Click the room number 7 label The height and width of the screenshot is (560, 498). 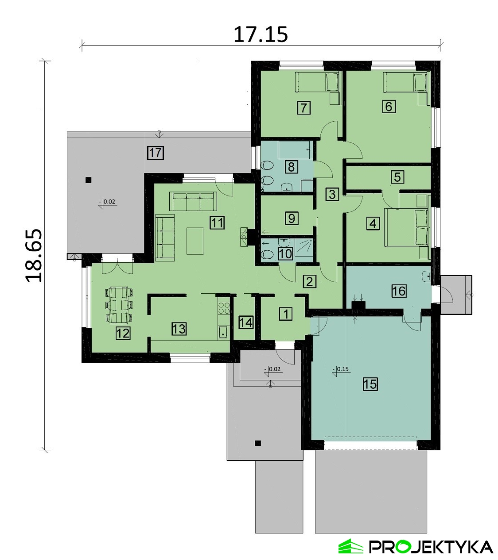pos(303,108)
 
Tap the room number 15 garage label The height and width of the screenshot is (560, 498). pos(370,384)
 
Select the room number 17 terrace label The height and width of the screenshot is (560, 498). pos(156,153)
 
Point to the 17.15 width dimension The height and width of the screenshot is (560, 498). pos(261,35)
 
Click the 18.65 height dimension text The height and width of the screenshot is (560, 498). pos(34,255)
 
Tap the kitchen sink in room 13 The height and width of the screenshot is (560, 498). pos(223,332)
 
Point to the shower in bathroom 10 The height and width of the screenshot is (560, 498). pos(304,248)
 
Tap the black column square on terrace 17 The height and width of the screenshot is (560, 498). pos(88,180)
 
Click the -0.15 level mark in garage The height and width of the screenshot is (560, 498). pos(341,370)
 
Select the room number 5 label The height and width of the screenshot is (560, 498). pos(397,177)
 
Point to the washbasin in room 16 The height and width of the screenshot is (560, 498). pos(426,276)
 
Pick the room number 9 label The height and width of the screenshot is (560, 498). pos(292,219)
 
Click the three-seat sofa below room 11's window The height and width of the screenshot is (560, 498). pos(193,202)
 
